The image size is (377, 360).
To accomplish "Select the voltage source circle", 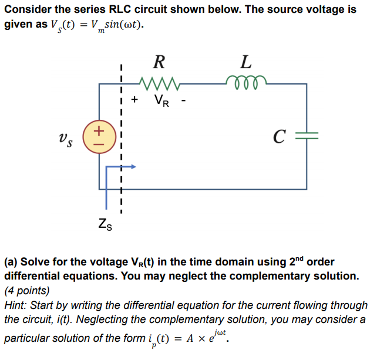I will pyautogui.click(x=99, y=135).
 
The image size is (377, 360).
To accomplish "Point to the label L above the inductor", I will pyautogui.click(x=247, y=61).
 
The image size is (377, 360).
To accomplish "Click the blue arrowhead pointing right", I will pyautogui.click(x=133, y=167).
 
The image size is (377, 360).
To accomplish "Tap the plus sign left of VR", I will pyautogui.click(x=135, y=99).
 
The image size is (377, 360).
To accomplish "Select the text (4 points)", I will pyautogui.click(x=27, y=291).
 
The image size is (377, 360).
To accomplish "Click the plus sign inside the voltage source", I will pyautogui.click(x=99, y=129).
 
